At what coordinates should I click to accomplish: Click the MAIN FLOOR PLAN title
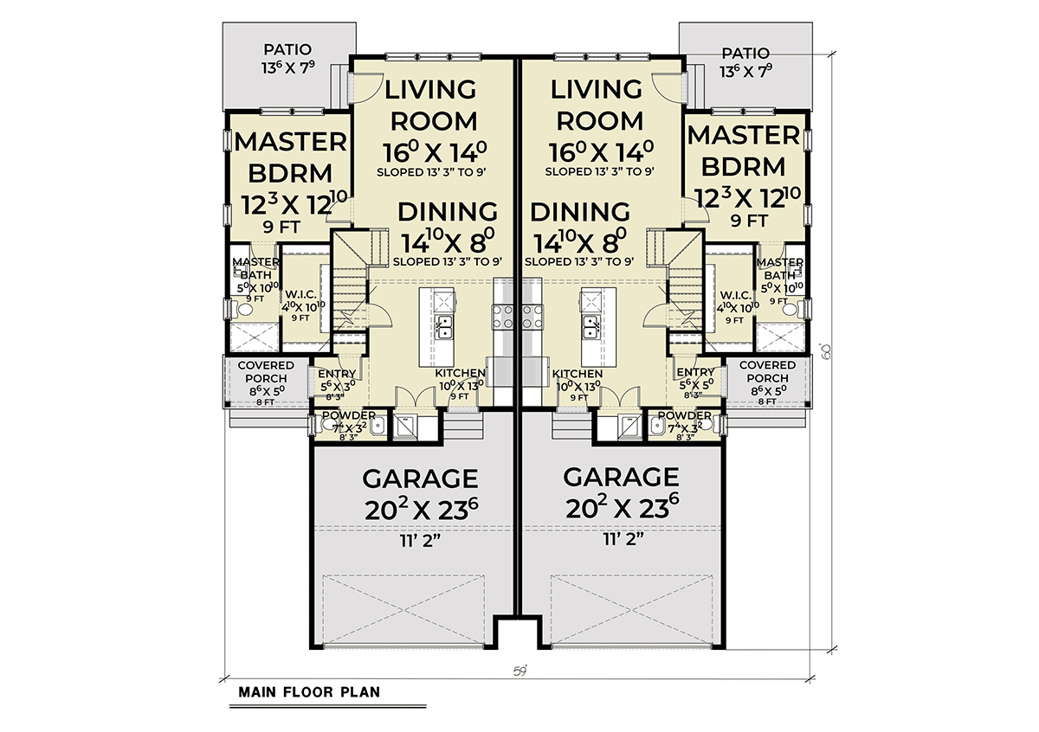pyautogui.click(x=309, y=692)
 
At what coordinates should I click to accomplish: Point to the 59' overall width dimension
pyautogui.click(x=520, y=671)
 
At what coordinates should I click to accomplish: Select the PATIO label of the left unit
pyautogui.click(x=287, y=49)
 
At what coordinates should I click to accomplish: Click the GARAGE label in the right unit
pyautogui.click(x=621, y=477)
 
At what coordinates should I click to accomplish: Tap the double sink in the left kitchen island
pyautogui.click(x=444, y=326)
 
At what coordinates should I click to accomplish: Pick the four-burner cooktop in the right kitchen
pyautogui.click(x=531, y=316)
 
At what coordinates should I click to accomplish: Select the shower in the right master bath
pyautogui.click(x=780, y=337)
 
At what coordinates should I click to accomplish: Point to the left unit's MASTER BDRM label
pyautogui.click(x=290, y=157)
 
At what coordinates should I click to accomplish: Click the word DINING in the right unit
pyautogui.click(x=580, y=212)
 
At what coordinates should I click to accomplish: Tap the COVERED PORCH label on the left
pyautogui.click(x=266, y=372)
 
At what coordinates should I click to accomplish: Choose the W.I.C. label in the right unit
pyautogui.click(x=736, y=295)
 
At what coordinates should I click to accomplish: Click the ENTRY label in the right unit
pyautogui.click(x=695, y=372)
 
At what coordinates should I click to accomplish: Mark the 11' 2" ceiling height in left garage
pyautogui.click(x=421, y=541)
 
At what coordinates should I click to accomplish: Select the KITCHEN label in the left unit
pyautogui.click(x=460, y=373)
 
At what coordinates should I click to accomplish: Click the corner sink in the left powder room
pyautogui.click(x=378, y=425)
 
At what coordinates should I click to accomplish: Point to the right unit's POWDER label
pyautogui.click(x=685, y=415)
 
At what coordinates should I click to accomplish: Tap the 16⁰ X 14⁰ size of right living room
pyautogui.click(x=601, y=151)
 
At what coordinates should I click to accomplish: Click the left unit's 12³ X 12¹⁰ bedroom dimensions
pyautogui.click(x=294, y=204)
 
